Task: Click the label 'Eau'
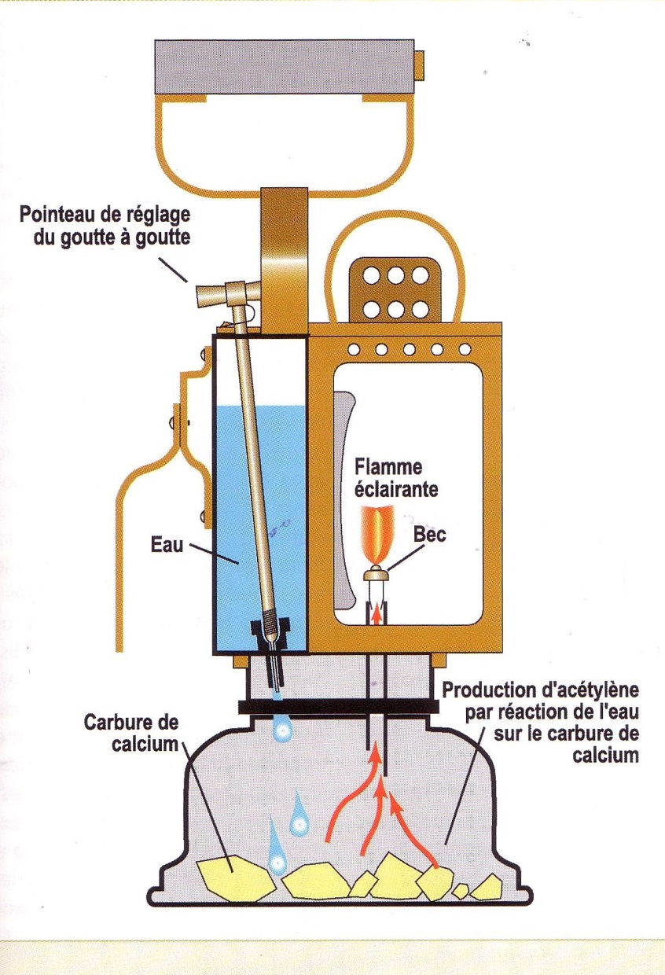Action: [166, 543]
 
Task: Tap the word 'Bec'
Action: [431, 535]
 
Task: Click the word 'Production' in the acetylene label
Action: [487, 691]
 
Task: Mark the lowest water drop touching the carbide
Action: [276, 859]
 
